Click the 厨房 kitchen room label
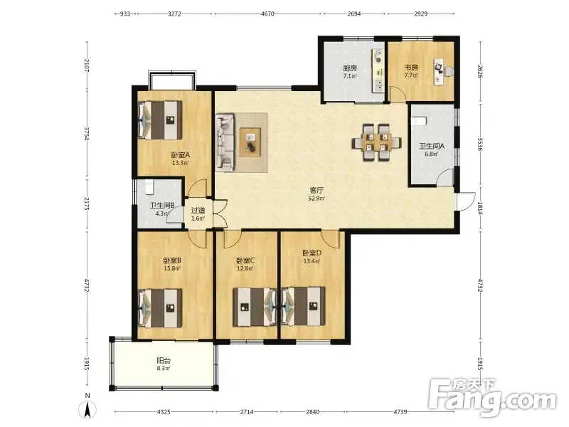pyautogui.click(x=350, y=68)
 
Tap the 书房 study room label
pyautogui.click(x=411, y=68)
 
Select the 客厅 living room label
pyautogui.click(x=317, y=190)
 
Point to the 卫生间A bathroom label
pyautogui.click(x=432, y=147)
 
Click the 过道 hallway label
pyautogui.click(x=198, y=210)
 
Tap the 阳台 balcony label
pyautogui.click(x=164, y=361)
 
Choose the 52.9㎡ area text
pyautogui.click(x=317, y=199)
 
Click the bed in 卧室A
pyautogui.click(x=159, y=120)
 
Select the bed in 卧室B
pyautogui.click(x=159, y=308)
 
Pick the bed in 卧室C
pyautogui.click(x=255, y=307)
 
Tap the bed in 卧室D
pyautogui.click(x=303, y=307)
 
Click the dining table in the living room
pyautogui.click(x=376, y=142)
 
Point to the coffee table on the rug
pyautogui.click(x=250, y=142)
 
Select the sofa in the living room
pyautogui.click(x=225, y=143)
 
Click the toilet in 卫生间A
pyautogui.click(x=419, y=121)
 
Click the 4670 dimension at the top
pyautogui.click(x=267, y=14)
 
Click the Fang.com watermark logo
pyautogui.click(x=491, y=398)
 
